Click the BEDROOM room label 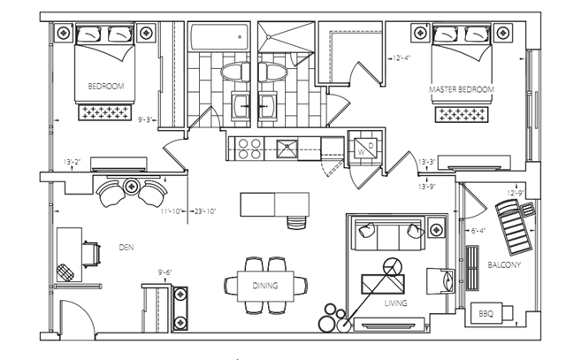pos(106,87)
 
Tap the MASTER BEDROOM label pos(462,89)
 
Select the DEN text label pos(126,248)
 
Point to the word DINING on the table pos(265,286)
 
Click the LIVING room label pos(396,303)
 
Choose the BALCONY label pos(504,265)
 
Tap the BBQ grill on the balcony pos(492,313)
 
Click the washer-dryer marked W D pos(365,148)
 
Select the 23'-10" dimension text pos(205,211)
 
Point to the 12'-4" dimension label pos(402,57)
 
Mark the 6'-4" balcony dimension pos(478,230)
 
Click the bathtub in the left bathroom pos(219,37)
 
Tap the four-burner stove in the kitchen pos(249,149)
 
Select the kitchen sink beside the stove pos(287,149)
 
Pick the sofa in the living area pos(389,234)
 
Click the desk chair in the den pos(91,254)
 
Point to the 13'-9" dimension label pos(427,187)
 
